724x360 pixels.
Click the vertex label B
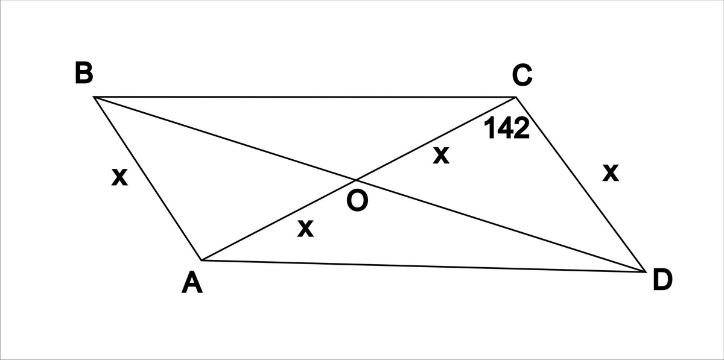point(84,73)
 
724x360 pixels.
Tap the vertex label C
point(522,75)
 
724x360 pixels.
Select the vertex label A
point(192,282)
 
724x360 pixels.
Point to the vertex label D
point(662,279)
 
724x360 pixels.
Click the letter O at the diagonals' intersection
point(357,200)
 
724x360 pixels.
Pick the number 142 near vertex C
point(507,128)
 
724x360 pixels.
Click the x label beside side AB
point(119,177)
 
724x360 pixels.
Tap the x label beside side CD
point(611,173)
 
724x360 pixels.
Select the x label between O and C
point(441,156)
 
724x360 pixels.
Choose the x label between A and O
point(305,229)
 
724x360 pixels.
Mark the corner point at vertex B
point(94,96)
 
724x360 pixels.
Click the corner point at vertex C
point(516,96)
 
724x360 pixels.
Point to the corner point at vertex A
point(201,260)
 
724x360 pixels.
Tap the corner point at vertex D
point(646,272)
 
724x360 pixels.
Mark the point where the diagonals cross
point(356,180)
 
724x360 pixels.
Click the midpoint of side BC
point(305,96)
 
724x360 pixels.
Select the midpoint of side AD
point(424,266)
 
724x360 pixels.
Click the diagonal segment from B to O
point(225,138)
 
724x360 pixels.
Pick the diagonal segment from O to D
point(501,226)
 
